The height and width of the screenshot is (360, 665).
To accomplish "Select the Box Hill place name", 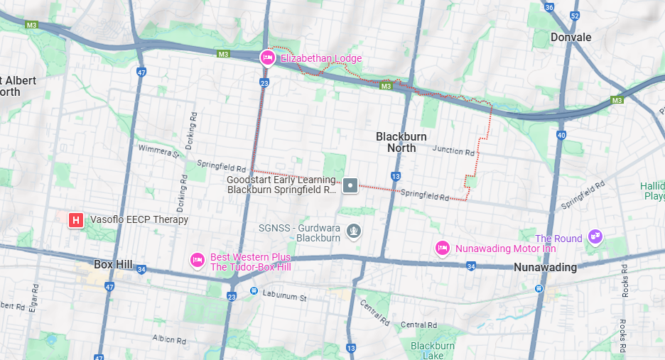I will pyautogui.click(x=113, y=264).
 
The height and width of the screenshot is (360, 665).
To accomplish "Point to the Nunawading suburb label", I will pyautogui.click(x=546, y=268).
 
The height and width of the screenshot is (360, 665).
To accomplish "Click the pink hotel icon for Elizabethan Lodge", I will pyautogui.click(x=268, y=58).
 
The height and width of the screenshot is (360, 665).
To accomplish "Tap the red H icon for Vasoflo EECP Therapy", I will pyautogui.click(x=76, y=220).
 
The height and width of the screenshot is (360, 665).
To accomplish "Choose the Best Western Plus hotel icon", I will pyautogui.click(x=197, y=261).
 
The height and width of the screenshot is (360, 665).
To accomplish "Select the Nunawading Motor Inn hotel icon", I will pyautogui.click(x=443, y=248).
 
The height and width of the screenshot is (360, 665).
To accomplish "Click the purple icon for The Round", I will pyautogui.click(x=595, y=237).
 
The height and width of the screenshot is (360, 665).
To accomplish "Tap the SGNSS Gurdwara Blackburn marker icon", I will pyautogui.click(x=353, y=231).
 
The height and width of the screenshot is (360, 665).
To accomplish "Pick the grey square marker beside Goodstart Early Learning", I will pyautogui.click(x=350, y=185).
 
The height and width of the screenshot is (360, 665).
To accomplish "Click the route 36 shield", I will pyautogui.click(x=549, y=8).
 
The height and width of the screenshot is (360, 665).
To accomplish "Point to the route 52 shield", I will pyautogui.click(x=575, y=16).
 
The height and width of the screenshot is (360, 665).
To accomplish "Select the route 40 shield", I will pyautogui.click(x=561, y=135).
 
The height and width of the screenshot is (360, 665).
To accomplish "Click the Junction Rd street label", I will pyautogui.click(x=453, y=151).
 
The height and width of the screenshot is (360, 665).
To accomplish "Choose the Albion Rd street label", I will pyautogui.click(x=168, y=338).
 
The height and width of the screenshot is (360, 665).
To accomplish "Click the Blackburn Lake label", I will pyautogui.click(x=432, y=351).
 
